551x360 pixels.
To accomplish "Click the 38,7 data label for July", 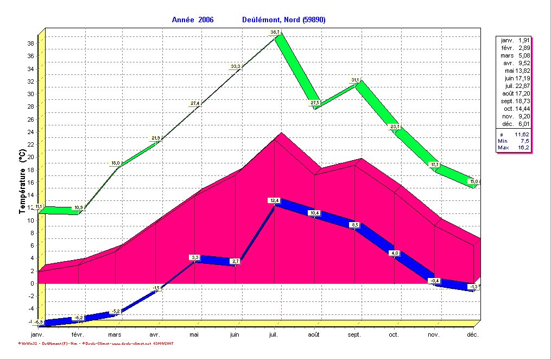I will click(x=275, y=33).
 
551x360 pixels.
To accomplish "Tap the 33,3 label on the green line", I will click(x=236, y=66).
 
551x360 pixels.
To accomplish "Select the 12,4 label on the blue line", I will click(x=274, y=200).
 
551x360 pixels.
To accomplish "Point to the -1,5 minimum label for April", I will click(x=156, y=288).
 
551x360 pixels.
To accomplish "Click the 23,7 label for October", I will click(x=395, y=127).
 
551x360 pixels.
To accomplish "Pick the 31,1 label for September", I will click(x=355, y=80).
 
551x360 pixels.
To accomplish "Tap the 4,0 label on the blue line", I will click(x=395, y=253).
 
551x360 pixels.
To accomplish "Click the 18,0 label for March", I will click(x=116, y=163).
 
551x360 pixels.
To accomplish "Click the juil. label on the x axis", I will click(x=274, y=335).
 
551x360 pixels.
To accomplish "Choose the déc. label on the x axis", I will click(x=472, y=335).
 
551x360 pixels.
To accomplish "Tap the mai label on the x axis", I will click(x=194, y=335).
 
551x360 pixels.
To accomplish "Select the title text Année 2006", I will click(x=193, y=20).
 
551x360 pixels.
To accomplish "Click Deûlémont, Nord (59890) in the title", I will click(x=283, y=20).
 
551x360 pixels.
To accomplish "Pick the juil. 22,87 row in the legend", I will click(x=515, y=86).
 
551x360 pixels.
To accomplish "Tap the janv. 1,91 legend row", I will click(x=515, y=40).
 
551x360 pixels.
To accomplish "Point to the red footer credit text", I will click(x=96, y=344).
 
